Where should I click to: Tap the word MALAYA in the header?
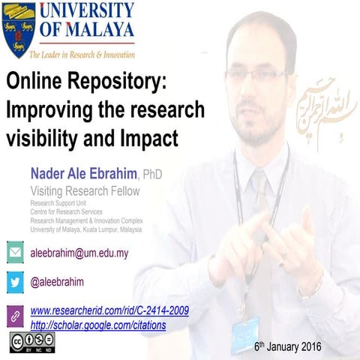[97, 30]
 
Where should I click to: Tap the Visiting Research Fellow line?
[84, 190]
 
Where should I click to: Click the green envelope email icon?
[15, 253]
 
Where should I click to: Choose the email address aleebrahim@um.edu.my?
[79, 253]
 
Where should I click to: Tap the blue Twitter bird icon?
[15, 282]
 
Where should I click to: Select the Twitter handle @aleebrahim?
[57, 282]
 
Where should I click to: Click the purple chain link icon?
[15, 315]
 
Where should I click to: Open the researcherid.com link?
[109, 310]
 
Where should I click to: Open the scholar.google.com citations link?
[97, 325]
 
